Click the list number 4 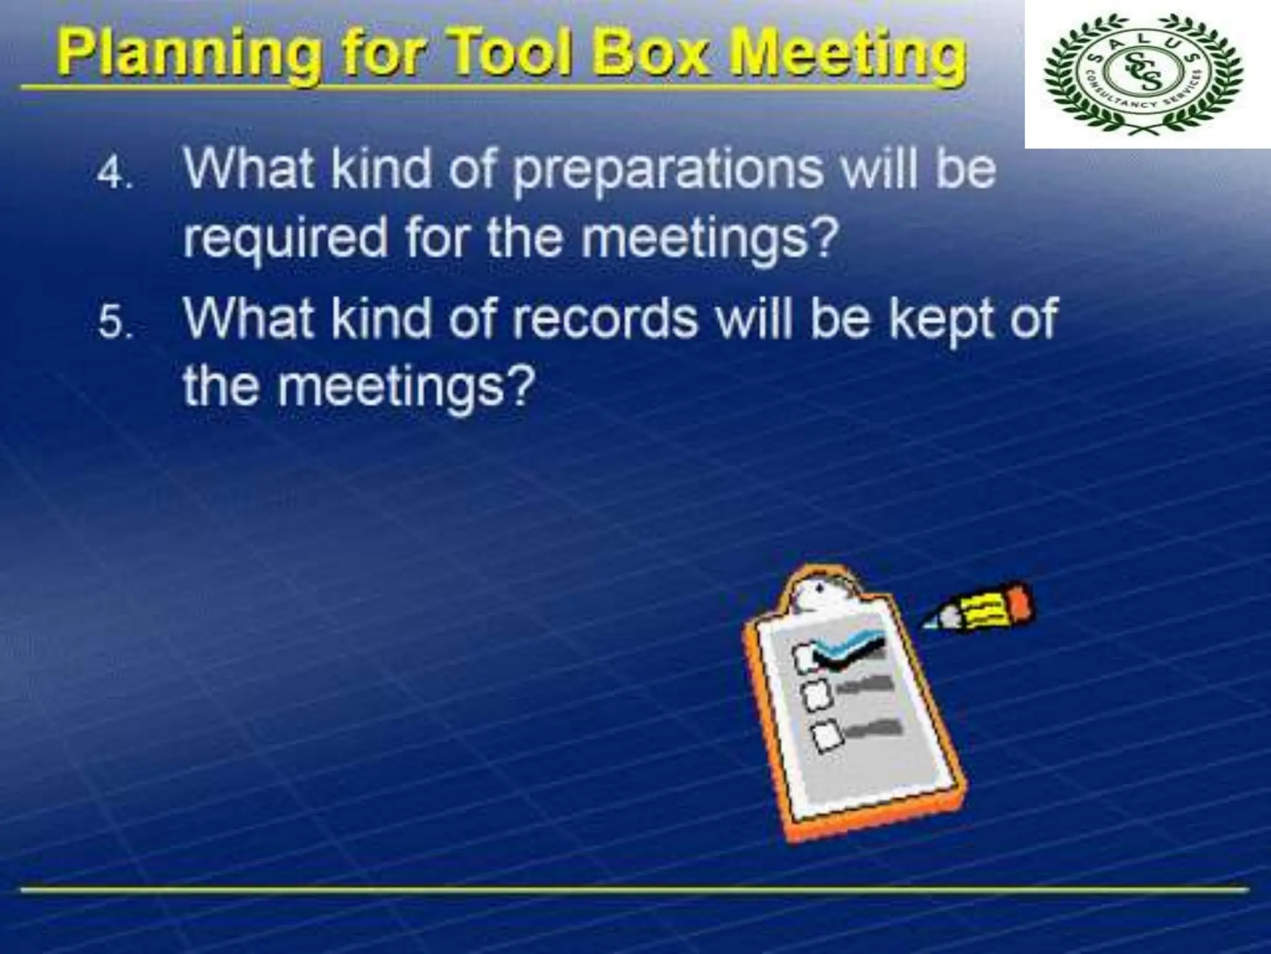click(x=113, y=175)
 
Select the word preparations click(x=667, y=171)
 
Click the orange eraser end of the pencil click(x=1018, y=599)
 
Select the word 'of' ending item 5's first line click(x=1033, y=318)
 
